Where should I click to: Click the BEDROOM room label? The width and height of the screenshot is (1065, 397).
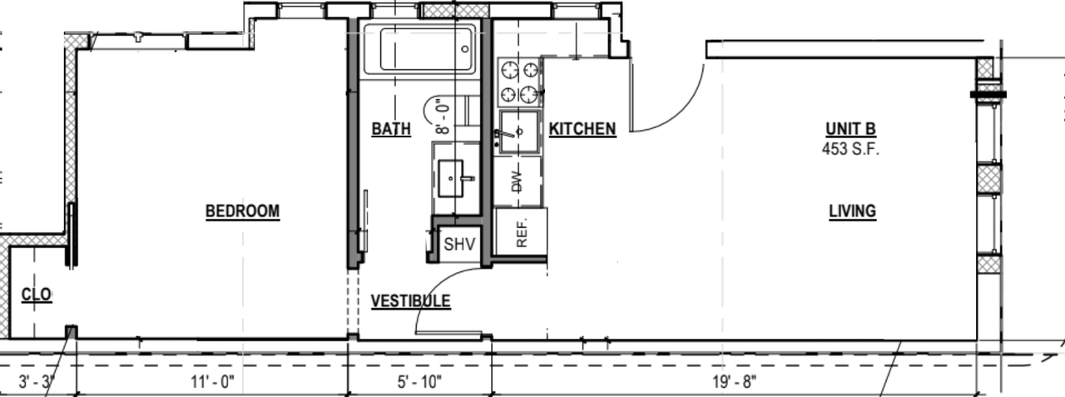coord(242,212)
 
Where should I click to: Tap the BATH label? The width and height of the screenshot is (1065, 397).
coord(390,129)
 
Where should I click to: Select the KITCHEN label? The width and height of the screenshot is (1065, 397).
coord(582,129)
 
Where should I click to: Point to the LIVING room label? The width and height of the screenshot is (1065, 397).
coord(852,211)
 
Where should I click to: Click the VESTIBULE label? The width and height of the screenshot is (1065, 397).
coord(410,301)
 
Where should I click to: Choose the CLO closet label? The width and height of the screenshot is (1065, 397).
coord(36,295)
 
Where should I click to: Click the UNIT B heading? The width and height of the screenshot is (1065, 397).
coord(851,129)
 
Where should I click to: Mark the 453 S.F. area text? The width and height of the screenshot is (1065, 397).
coord(851,151)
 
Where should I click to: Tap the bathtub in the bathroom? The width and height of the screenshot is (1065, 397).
coord(419,49)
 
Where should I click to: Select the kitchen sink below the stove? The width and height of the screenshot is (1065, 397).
coord(519,132)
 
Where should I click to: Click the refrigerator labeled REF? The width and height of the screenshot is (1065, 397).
coord(521,232)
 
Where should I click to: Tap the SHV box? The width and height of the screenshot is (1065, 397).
coord(458,245)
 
